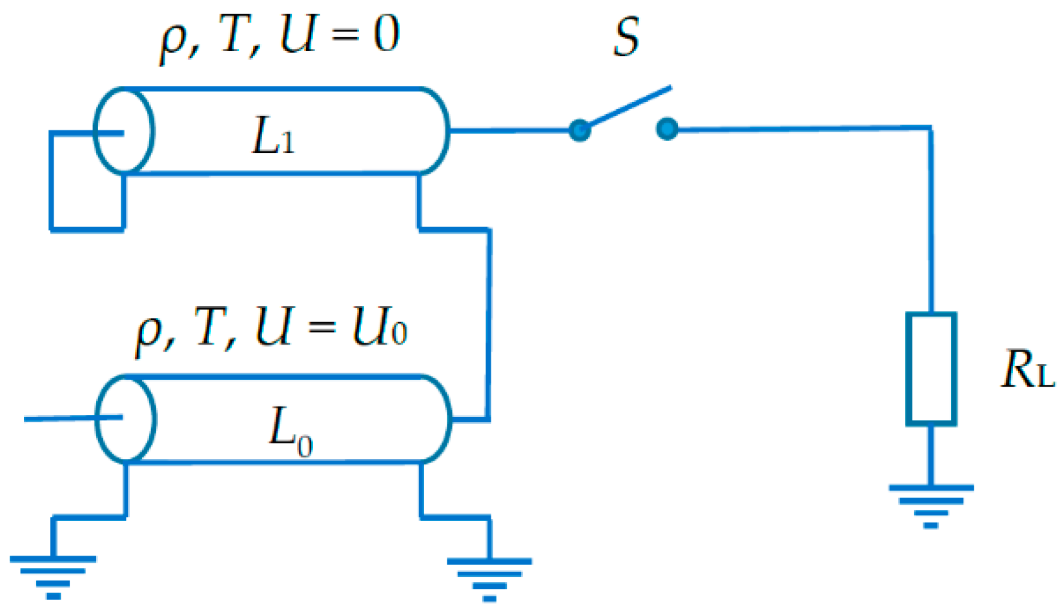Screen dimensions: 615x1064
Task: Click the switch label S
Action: (626, 37)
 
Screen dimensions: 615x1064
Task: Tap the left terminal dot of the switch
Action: (579, 130)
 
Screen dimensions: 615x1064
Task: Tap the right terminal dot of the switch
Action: (667, 129)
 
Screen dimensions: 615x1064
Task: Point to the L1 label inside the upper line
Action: (272, 137)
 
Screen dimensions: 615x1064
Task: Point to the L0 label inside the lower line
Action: (290, 429)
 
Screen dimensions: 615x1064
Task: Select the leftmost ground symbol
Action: (53, 576)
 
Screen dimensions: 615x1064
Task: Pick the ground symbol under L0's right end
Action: (489, 578)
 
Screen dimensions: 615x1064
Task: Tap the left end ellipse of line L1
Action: (123, 131)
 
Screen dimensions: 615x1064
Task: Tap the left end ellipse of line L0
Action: (125, 419)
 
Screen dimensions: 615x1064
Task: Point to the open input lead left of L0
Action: (58, 419)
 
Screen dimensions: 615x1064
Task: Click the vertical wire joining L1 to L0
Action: (489, 323)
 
